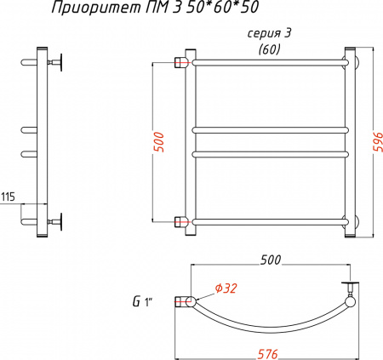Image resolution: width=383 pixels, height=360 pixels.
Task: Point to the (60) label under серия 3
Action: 268,49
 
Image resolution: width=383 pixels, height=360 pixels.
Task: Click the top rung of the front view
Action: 268,62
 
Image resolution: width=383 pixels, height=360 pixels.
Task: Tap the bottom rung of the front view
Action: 268,223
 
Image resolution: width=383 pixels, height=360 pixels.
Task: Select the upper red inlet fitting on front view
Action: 180,62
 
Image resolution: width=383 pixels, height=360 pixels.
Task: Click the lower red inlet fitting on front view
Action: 180,223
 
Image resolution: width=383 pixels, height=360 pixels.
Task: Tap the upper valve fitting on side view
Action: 60,61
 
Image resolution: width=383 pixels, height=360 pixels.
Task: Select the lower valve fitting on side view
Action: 60,222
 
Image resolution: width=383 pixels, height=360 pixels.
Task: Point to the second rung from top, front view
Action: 268,130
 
